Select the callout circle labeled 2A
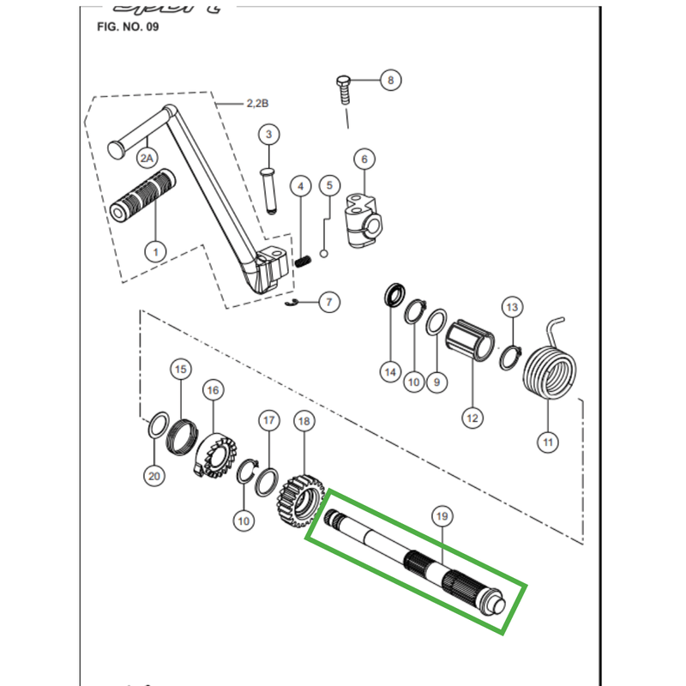147,158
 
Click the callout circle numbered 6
363,159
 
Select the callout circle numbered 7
330,302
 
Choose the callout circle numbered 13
512,306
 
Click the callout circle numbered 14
390,372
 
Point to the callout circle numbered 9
436,382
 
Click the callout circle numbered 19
442,516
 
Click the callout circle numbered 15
180,370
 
